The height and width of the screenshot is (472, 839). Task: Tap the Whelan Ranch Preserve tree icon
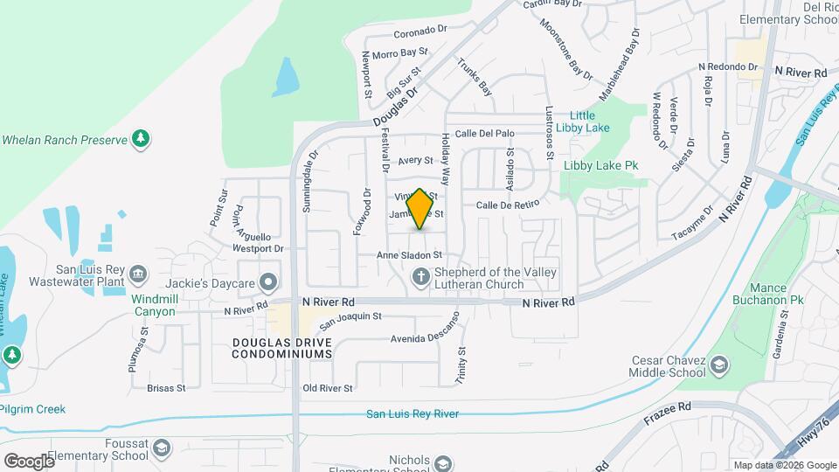140,138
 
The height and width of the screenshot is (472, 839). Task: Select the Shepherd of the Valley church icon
421,278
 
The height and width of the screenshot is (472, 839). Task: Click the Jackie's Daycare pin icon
270,281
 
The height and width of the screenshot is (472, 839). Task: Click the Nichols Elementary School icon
443,463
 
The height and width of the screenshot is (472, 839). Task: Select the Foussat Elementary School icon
161,448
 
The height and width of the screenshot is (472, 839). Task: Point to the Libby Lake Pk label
601,164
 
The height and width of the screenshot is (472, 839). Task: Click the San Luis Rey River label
412,414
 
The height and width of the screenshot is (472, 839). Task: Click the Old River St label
327,388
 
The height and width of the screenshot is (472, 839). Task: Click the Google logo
29,461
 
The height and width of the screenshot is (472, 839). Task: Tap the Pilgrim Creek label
33,409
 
